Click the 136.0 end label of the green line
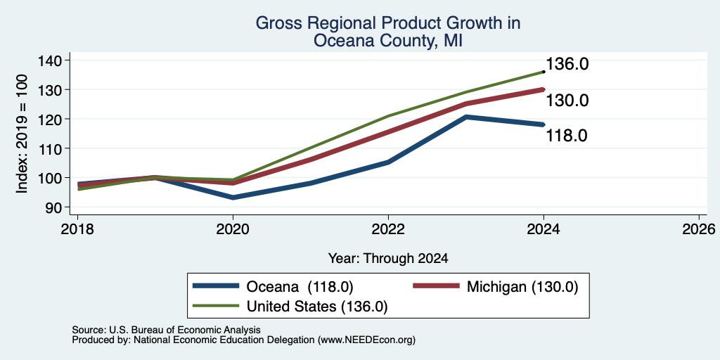click(567, 64)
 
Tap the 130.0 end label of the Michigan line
click(567, 100)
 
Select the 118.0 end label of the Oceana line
click(567, 136)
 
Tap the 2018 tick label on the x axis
click(77, 229)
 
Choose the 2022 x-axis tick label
click(388, 229)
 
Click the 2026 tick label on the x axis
click(700, 229)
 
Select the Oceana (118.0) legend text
click(300, 287)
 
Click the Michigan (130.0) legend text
click(522, 287)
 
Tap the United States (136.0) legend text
click(317, 307)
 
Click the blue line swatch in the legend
click(216, 286)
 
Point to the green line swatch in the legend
click(216, 306)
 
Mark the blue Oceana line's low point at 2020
click(233, 198)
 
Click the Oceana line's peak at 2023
click(466, 117)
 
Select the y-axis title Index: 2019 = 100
click(22, 134)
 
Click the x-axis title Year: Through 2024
click(388, 259)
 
